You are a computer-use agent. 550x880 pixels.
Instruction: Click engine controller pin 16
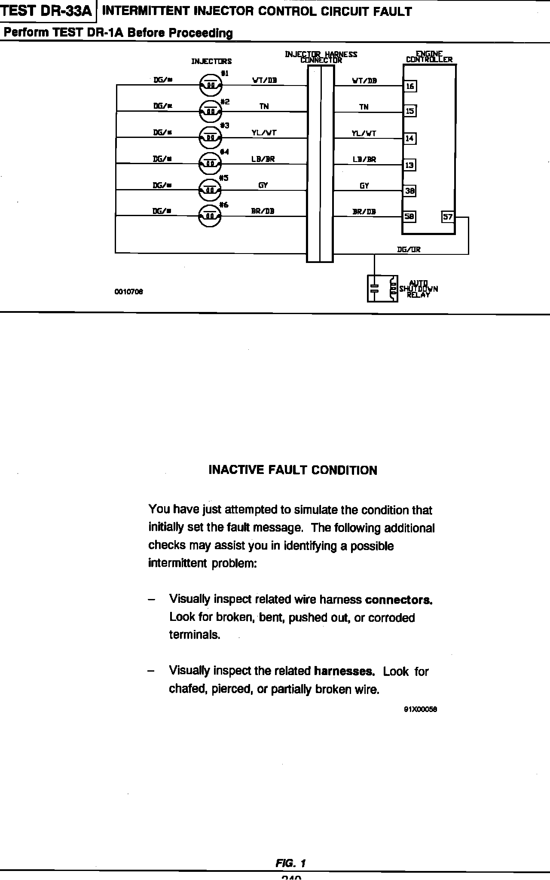pos(410,86)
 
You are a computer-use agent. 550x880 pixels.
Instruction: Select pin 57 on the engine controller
pos(448,217)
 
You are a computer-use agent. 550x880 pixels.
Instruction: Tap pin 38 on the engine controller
pos(410,191)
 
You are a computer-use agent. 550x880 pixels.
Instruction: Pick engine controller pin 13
pos(410,165)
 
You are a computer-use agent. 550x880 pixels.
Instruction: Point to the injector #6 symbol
pos(210,217)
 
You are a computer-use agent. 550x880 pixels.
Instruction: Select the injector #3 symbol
pos(210,137)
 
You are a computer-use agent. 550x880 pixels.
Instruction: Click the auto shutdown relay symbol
pos(382,288)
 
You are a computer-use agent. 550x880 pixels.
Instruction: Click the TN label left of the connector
pos(264,107)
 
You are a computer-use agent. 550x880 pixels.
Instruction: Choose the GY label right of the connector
pos(364,186)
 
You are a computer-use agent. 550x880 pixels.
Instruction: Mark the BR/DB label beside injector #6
pos(263,211)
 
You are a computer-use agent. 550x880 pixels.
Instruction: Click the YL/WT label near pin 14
pos(364,134)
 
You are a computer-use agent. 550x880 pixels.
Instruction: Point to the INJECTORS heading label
pos(211,61)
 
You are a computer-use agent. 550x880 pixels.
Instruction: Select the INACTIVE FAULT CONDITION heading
pos(293,470)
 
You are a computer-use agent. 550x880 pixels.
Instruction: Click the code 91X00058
pos(420,709)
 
